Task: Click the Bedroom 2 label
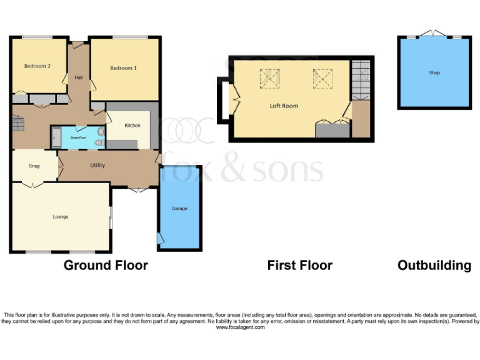[37, 66]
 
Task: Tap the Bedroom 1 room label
[123, 67]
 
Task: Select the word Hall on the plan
[79, 77]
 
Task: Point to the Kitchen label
[132, 126]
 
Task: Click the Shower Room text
[78, 137]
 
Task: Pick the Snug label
[34, 166]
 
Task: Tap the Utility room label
[97, 166]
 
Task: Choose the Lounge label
[60, 217]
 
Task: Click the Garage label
[179, 208]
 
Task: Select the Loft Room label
[284, 106]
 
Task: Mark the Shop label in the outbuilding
[434, 73]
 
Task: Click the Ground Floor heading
[106, 265]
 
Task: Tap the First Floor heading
[299, 265]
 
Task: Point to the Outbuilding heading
[434, 265]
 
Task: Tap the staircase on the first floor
[361, 79]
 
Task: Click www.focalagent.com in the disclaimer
[240, 327]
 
